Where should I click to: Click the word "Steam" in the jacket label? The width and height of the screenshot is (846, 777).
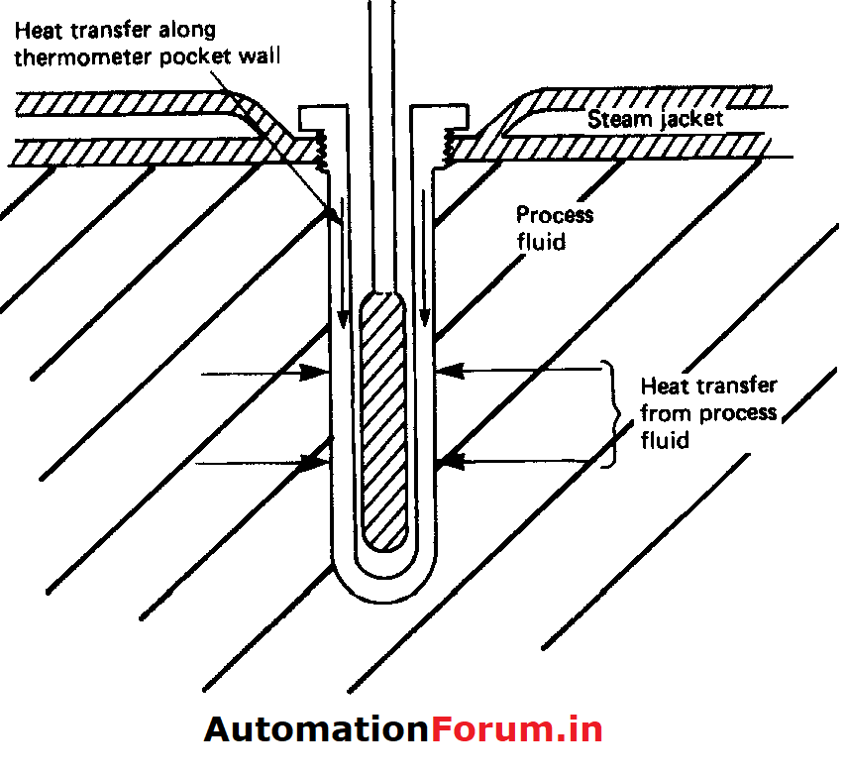pos(614,121)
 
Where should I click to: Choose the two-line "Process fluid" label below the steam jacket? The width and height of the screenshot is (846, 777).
pos(554,227)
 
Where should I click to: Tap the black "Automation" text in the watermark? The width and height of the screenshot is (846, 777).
pos(316,730)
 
